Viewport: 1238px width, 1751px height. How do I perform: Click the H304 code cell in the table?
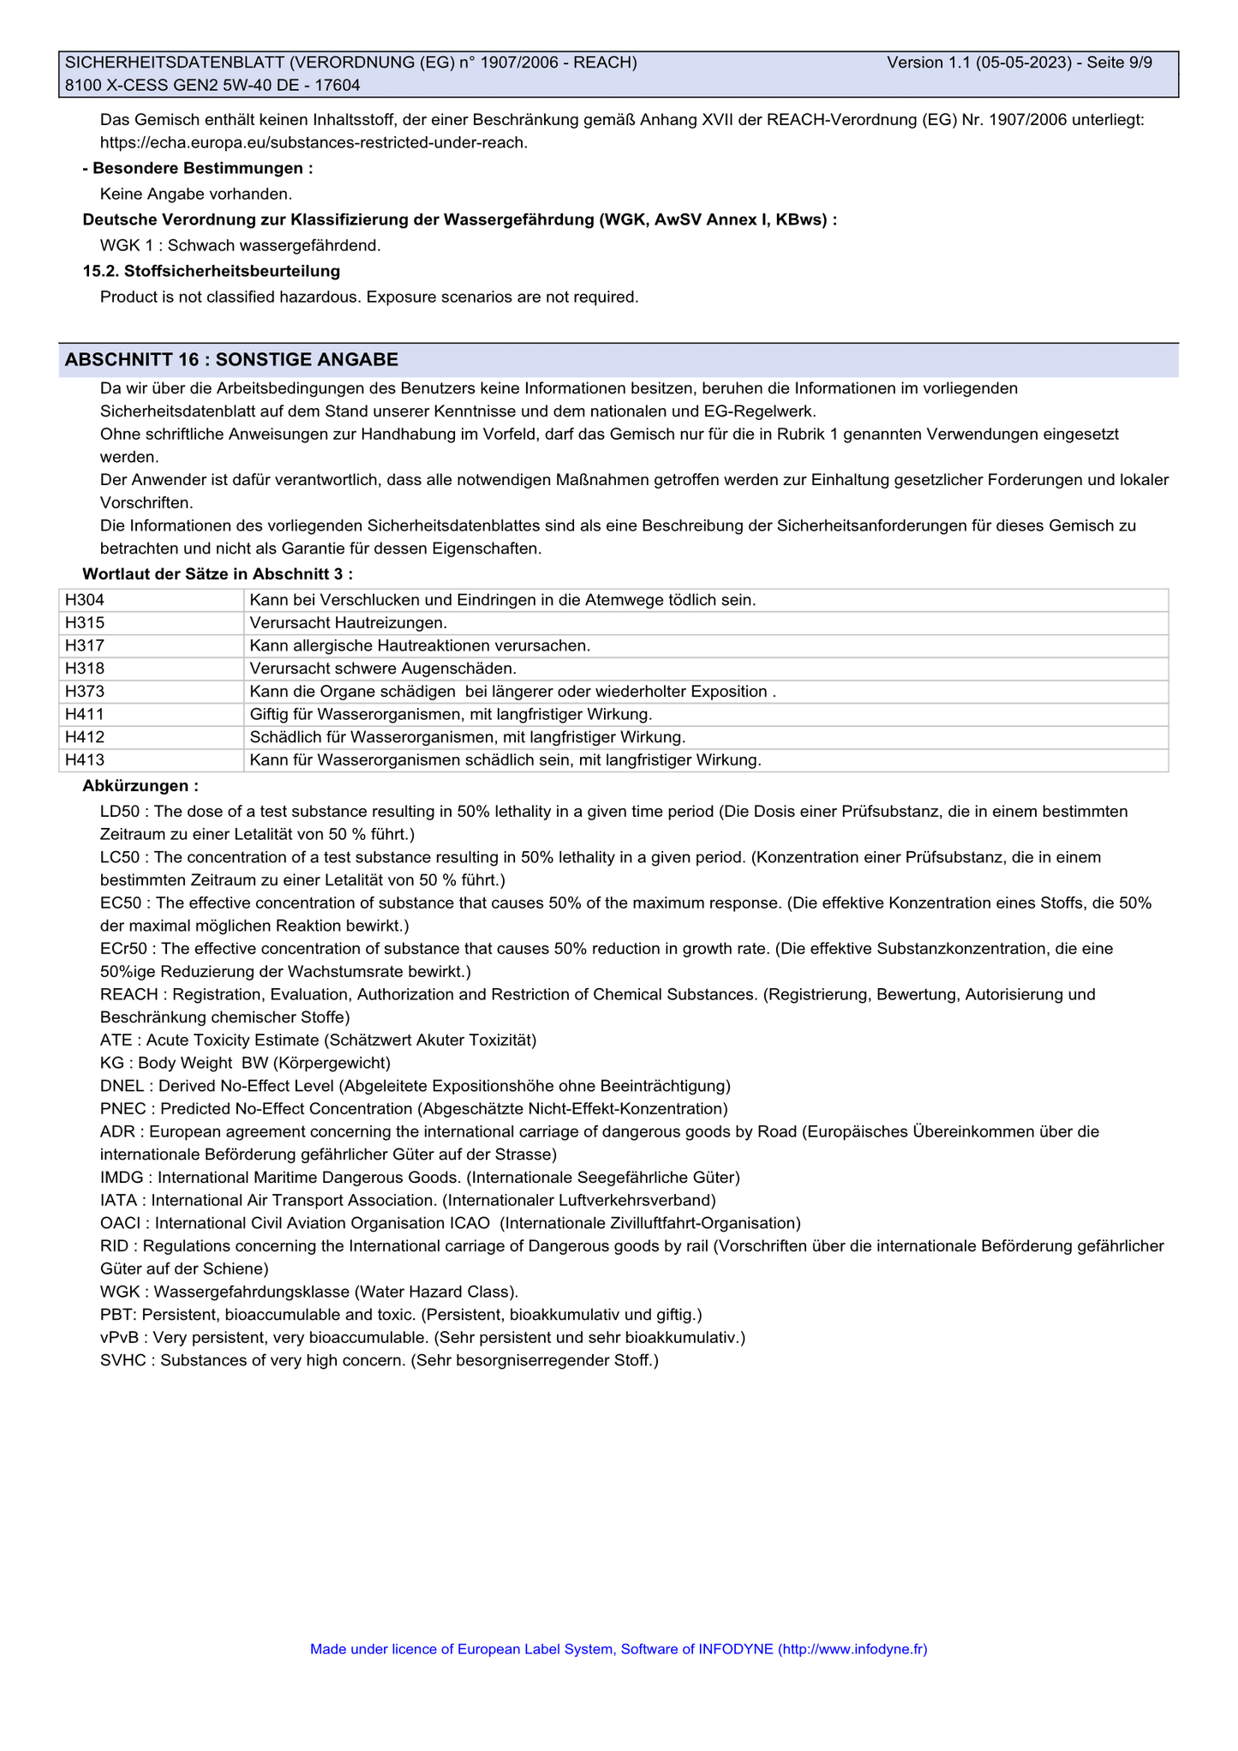click(x=85, y=600)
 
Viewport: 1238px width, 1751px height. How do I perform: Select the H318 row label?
click(x=85, y=669)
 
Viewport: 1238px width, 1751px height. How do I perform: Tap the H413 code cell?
click(x=85, y=760)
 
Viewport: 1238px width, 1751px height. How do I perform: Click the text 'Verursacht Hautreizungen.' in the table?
click(x=349, y=623)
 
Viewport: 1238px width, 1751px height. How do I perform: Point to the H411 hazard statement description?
click(x=451, y=715)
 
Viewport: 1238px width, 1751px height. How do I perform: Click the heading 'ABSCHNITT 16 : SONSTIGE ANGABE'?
click(x=231, y=360)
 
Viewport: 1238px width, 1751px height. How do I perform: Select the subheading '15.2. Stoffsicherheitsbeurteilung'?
click(x=212, y=272)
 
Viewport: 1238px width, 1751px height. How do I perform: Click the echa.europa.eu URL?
click(x=314, y=142)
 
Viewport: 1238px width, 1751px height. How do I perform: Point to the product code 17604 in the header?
click(x=338, y=86)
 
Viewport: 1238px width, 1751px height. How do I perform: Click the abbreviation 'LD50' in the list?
click(x=119, y=812)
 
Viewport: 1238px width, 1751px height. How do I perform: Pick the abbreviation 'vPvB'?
click(x=119, y=1338)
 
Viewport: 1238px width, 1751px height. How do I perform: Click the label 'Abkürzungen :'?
click(x=141, y=786)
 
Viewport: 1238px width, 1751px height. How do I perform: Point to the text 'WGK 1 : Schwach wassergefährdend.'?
click(x=240, y=246)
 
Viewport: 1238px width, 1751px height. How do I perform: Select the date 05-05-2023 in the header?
click(x=1024, y=63)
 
